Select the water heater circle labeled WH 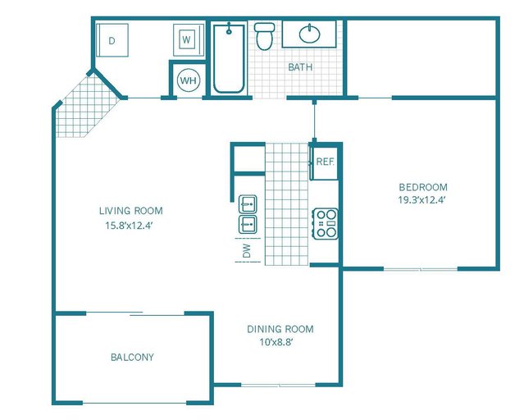tap(188, 80)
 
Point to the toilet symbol tap(264, 36)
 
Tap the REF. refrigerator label tap(326, 162)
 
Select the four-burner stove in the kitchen tap(326, 223)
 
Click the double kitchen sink tap(248, 213)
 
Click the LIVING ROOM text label tap(130, 210)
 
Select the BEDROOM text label tap(423, 186)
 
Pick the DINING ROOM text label tap(280, 329)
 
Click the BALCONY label tap(132, 357)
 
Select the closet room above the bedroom tap(421, 56)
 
